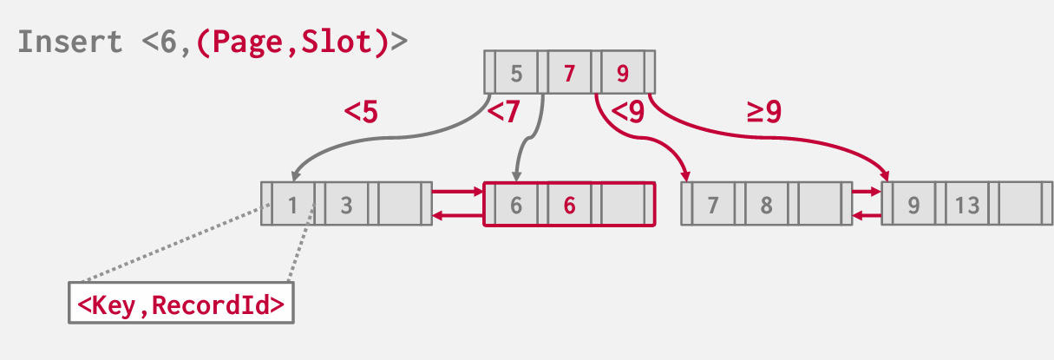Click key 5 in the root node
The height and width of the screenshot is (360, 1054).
tap(517, 73)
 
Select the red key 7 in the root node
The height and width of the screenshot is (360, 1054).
tap(569, 73)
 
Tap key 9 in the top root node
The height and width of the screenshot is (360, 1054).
tap(622, 73)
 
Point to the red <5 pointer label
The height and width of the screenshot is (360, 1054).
tap(361, 113)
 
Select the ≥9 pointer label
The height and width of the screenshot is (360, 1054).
tap(764, 112)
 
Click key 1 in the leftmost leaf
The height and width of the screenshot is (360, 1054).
tap(293, 205)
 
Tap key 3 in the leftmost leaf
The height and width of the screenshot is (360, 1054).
tap(346, 205)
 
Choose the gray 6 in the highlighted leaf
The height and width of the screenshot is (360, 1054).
tap(516, 205)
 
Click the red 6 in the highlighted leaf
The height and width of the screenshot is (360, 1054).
tap(569, 205)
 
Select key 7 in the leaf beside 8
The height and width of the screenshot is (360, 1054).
tap(713, 205)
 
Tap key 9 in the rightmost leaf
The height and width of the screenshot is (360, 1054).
tap(913, 205)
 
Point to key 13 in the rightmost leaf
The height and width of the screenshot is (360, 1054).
tap(966, 205)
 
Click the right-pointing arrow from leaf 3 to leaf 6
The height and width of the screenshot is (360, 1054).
tap(457, 192)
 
